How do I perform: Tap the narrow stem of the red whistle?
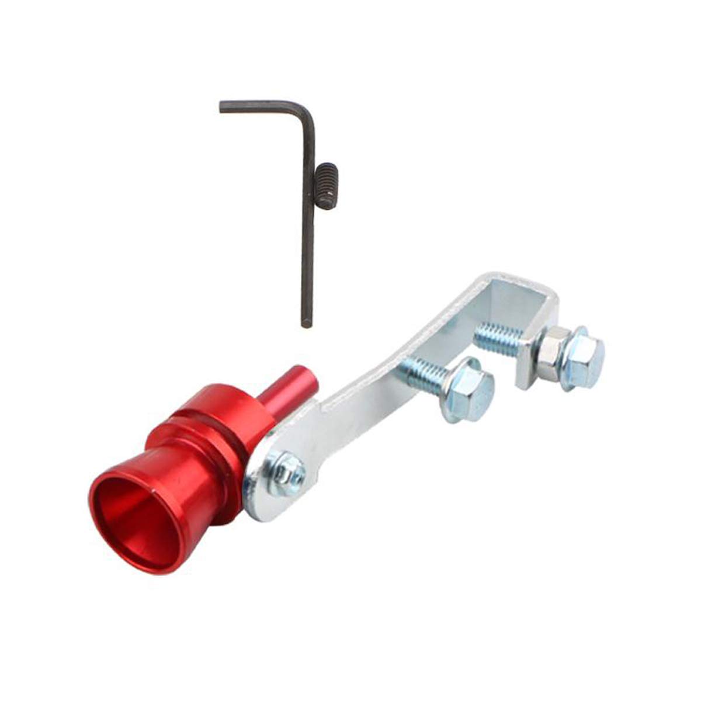pos(287,386)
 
